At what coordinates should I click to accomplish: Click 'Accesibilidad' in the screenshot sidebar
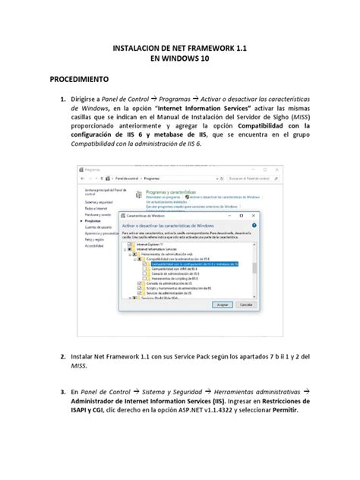point(95,246)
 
